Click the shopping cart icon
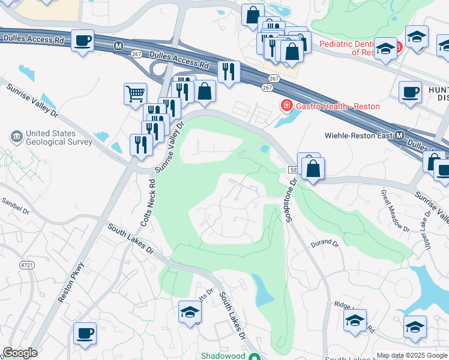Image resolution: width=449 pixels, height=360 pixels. [135, 94]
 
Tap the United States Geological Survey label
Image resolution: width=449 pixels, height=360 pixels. [59, 138]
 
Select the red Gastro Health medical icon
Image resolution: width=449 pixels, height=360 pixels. [287, 106]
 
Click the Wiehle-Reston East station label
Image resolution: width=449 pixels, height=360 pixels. [358, 135]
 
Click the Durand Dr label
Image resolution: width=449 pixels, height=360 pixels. [325, 244]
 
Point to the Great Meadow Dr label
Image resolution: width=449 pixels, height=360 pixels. [394, 211]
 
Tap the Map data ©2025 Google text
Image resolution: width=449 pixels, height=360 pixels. [411, 355]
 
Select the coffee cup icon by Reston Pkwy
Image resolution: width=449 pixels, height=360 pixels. [85, 332]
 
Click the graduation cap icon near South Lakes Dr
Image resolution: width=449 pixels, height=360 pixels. [190, 312]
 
